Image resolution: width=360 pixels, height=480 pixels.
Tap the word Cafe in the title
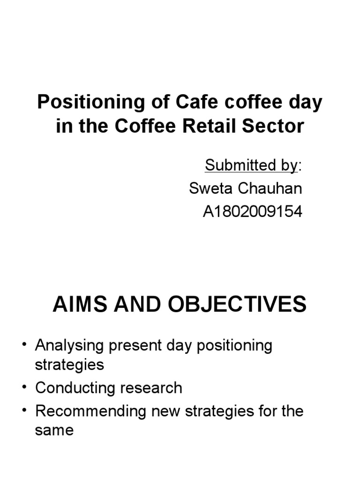190,103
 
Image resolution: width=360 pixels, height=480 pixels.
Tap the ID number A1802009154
253,212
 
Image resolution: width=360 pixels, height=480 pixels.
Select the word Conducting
72,388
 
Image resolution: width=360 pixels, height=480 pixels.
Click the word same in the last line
54,430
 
